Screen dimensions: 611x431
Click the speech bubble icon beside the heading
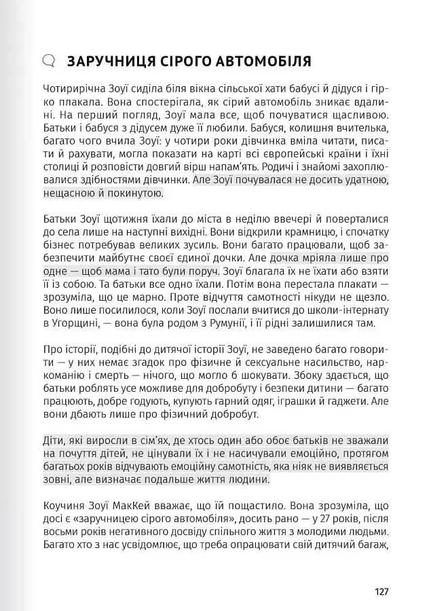[x=48, y=61]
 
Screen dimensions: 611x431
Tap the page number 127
[x=381, y=591]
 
